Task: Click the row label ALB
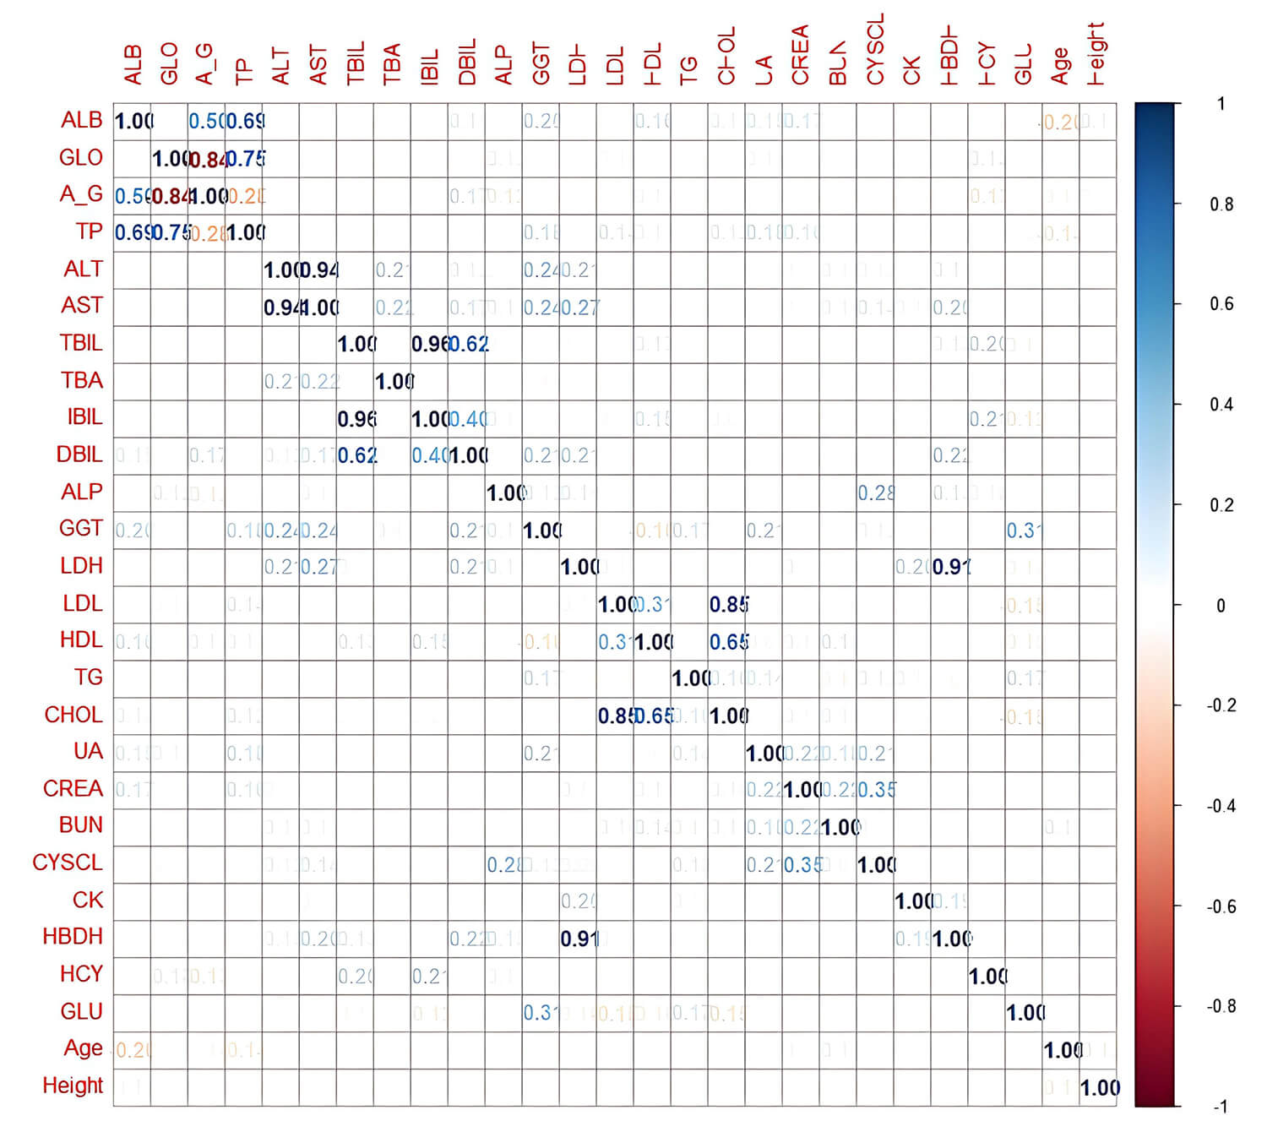pos(82,121)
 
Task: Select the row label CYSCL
pos(68,863)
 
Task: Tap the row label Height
pos(73,1086)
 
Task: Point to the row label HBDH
pos(73,937)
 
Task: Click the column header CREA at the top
pos(800,55)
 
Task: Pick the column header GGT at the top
pos(541,63)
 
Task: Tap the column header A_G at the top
pos(206,64)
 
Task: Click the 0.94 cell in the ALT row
pos(318,270)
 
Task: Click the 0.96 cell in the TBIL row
pos(430,344)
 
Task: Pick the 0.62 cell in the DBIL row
pos(356,455)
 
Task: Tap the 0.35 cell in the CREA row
pos(876,790)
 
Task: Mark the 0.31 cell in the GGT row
pos(1024,531)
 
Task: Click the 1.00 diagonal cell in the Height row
pos(1099,1088)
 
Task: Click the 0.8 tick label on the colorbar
pos(1221,204)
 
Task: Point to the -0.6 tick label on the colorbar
pos(1221,906)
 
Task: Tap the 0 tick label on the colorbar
pos(1221,606)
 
